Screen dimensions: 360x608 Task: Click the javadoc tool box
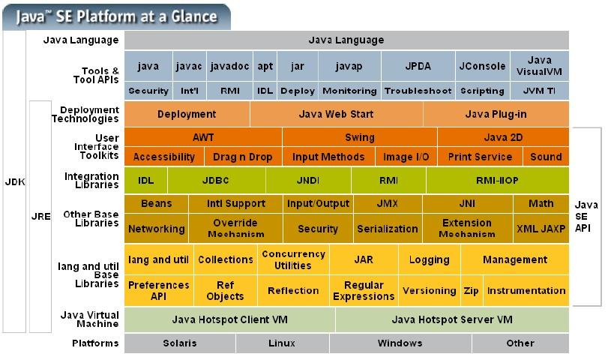coord(229,66)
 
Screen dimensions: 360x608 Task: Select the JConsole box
coord(482,66)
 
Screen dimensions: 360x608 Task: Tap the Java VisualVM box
coord(539,66)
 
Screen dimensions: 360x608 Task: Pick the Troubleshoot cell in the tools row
coord(418,91)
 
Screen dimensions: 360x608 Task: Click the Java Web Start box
coord(336,114)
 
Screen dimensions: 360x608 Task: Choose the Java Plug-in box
coord(496,114)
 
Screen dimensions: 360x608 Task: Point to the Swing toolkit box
coord(360,137)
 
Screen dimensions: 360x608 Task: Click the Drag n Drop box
coord(242,157)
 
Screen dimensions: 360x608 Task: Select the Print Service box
coord(480,157)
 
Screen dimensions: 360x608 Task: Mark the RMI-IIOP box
coord(497,180)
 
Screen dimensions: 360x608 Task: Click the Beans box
coord(156,203)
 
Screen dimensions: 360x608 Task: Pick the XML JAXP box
coord(541,229)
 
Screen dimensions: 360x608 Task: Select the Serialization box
coord(387,229)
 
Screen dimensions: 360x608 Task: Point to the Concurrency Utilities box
coord(293,259)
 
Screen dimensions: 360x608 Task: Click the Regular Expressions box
coord(363,290)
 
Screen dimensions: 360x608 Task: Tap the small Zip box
coord(471,290)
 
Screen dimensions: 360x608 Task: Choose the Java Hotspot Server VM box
coord(452,319)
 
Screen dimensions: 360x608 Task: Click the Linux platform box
coord(282,343)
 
